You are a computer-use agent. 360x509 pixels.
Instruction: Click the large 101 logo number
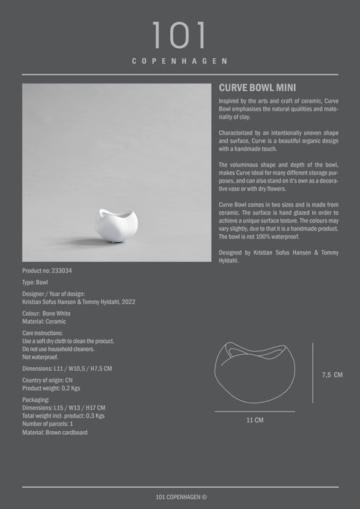point(180,36)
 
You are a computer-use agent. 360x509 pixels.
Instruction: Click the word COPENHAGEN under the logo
point(180,62)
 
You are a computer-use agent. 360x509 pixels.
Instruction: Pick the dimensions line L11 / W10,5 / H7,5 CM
point(67,369)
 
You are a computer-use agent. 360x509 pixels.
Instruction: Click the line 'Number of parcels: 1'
point(48,424)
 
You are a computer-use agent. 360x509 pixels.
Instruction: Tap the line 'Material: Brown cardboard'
point(55,432)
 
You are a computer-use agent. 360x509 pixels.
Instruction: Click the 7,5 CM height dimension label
point(332,374)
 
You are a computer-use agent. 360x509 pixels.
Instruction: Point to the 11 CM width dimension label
point(255,420)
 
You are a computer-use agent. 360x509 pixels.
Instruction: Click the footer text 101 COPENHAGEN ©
point(180,497)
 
